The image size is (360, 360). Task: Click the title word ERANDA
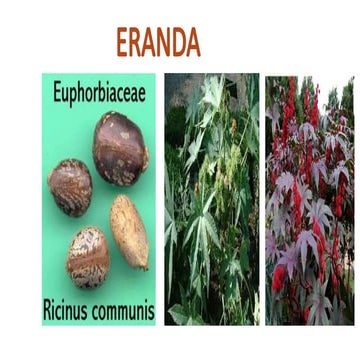pyautogui.click(x=158, y=43)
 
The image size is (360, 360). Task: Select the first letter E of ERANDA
pyautogui.click(x=123, y=43)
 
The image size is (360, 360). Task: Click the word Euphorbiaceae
pyautogui.click(x=99, y=93)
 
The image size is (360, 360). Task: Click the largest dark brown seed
pyautogui.click(x=121, y=148)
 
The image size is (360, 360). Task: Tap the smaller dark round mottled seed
pyautogui.click(x=70, y=187)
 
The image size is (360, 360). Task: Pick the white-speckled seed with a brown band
pyautogui.click(x=88, y=257)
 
